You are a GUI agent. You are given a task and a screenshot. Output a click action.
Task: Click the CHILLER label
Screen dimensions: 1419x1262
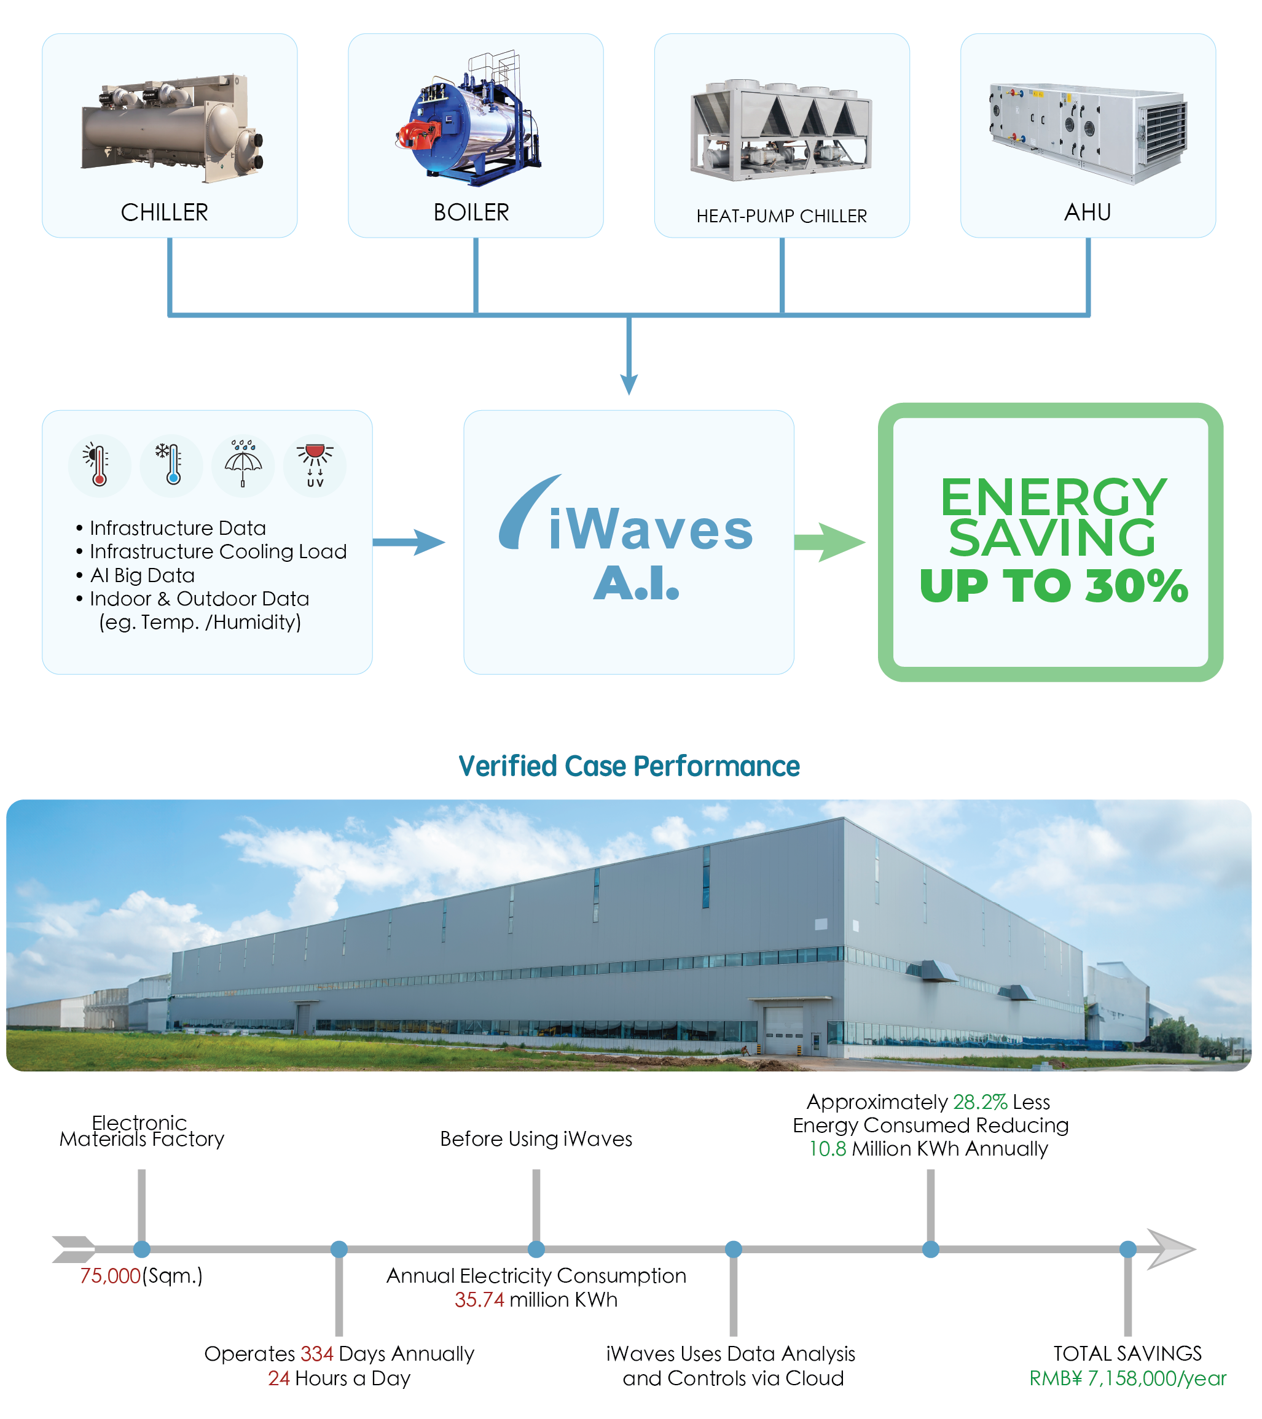click(165, 212)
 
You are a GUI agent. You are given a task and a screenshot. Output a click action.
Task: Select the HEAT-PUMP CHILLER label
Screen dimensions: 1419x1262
click(782, 217)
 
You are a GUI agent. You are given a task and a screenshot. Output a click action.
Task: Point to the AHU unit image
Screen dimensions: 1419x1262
click(1088, 131)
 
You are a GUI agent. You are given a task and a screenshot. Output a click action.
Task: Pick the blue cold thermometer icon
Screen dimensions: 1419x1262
click(171, 464)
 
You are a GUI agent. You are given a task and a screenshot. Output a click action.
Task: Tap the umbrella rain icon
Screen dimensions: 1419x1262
click(243, 464)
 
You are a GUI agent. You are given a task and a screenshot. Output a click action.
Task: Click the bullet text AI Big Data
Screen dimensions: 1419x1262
click(143, 575)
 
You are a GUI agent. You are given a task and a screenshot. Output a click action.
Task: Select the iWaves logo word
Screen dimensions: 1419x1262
click(650, 530)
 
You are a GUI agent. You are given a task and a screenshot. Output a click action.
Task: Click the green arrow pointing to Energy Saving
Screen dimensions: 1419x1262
click(829, 542)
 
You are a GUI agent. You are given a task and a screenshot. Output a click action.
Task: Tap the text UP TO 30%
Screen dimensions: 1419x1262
click(1053, 586)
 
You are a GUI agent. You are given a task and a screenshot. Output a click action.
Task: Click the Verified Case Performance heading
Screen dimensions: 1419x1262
click(629, 766)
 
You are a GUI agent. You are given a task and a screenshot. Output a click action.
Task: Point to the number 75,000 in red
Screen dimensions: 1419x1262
click(111, 1276)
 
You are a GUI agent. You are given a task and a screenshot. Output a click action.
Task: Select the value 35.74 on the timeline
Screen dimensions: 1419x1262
click(479, 1300)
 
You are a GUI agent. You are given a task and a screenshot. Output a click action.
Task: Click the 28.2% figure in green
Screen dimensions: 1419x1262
click(979, 1102)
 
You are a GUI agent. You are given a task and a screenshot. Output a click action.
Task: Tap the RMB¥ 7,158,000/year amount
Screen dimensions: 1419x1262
click(1127, 1378)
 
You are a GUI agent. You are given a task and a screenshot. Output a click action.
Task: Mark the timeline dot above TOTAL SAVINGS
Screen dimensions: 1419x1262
click(1127, 1249)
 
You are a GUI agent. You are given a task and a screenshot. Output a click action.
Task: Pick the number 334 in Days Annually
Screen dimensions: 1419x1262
click(316, 1354)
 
